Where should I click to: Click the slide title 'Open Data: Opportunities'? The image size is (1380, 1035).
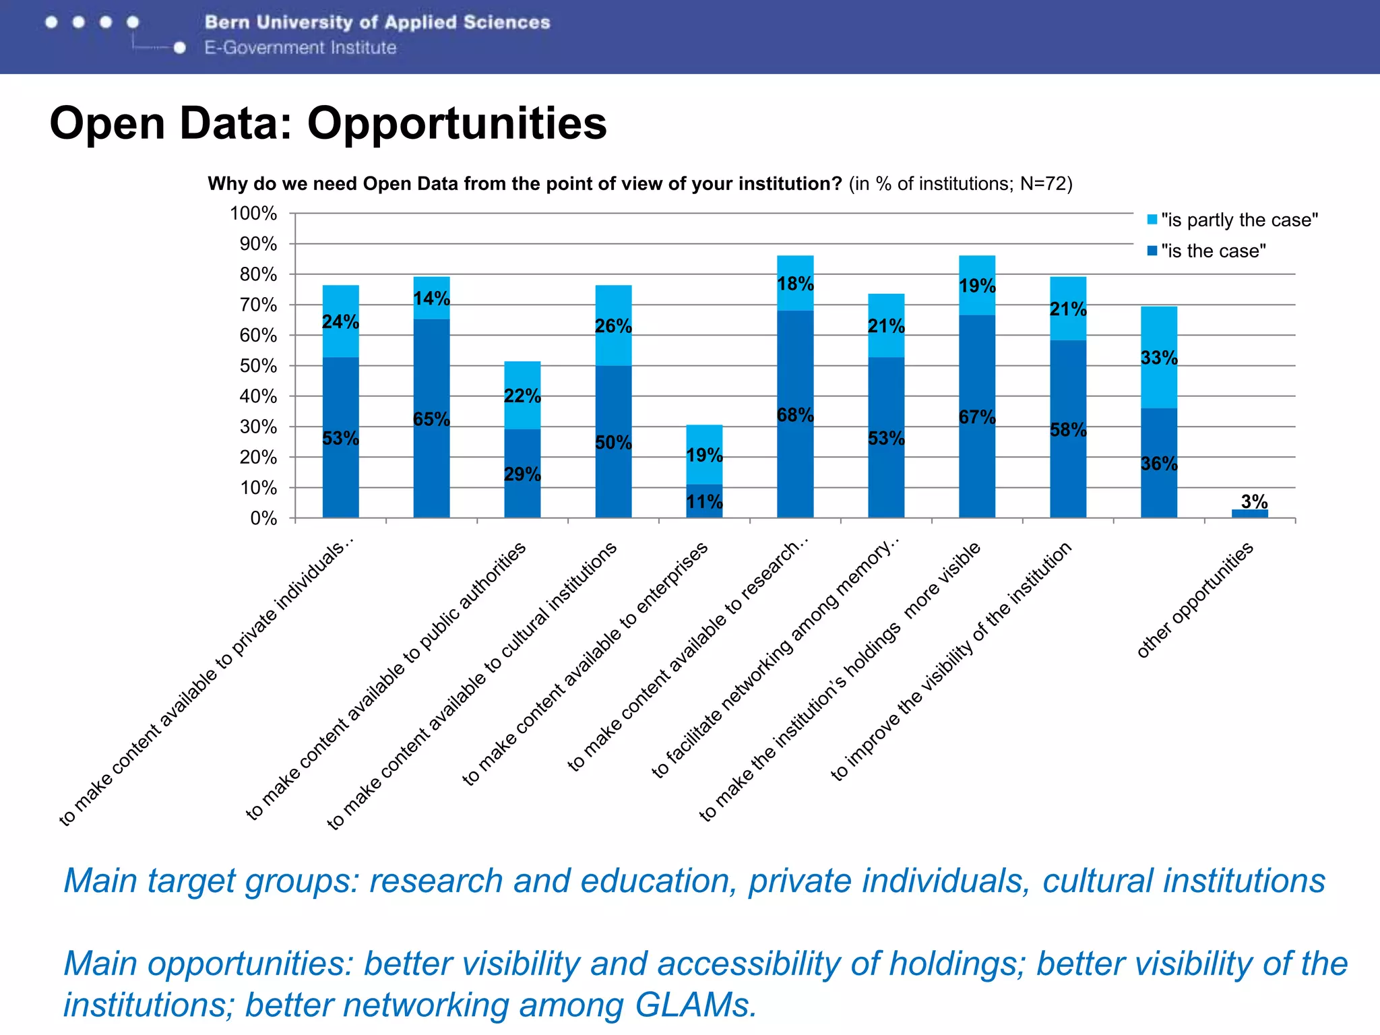point(328,123)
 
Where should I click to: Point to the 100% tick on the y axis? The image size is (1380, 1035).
point(253,214)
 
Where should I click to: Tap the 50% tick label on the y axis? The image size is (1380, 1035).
point(257,366)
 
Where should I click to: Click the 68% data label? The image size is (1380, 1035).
point(795,415)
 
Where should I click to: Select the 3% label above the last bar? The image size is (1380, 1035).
point(1254,501)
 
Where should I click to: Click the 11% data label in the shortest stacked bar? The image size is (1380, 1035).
point(704,502)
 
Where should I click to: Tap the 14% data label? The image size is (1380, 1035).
point(431,299)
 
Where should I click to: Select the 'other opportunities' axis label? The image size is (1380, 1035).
point(1194,600)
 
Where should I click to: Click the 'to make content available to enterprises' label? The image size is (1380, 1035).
point(585,664)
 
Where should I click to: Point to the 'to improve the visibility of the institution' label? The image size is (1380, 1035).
point(951,661)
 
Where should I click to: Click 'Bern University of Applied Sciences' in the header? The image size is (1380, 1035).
point(377,22)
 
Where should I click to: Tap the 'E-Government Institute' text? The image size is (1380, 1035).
point(301,48)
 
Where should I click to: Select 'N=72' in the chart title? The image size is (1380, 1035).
point(1043,184)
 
